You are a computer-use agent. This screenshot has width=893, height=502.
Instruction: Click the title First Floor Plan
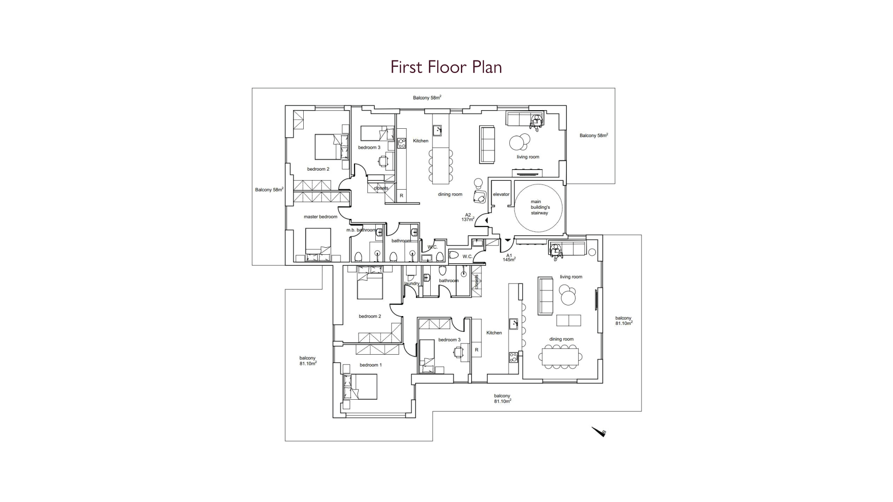pyautogui.click(x=446, y=67)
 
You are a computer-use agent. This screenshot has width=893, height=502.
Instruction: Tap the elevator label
pyautogui.click(x=501, y=194)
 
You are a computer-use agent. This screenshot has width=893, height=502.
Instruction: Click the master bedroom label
pyautogui.click(x=320, y=217)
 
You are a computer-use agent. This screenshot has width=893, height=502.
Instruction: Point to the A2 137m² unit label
pyautogui.click(x=468, y=217)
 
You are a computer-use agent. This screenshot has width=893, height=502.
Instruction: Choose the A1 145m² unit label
pyautogui.click(x=509, y=258)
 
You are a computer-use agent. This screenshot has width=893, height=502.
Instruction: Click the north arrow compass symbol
pyautogui.click(x=599, y=432)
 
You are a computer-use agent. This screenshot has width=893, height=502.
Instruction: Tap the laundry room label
pyautogui.click(x=412, y=284)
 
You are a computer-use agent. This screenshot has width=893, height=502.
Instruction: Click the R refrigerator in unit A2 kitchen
pyautogui.click(x=401, y=196)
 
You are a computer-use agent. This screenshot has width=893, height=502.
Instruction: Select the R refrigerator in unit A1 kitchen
pyautogui.click(x=476, y=350)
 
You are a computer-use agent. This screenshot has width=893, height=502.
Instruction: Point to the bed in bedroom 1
pyautogui.click(x=360, y=387)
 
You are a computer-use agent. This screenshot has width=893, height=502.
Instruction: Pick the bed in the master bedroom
pyautogui.click(x=318, y=244)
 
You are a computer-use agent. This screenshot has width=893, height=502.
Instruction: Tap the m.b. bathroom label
pyautogui.click(x=361, y=230)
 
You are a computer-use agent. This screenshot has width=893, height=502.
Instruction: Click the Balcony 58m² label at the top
pyautogui.click(x=427, y=98)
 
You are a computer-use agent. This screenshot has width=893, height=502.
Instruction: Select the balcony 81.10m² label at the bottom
pyautogui.click(x=502, y=398)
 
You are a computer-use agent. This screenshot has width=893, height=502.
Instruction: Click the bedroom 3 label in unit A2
pyautogui.click(x=369, y=147)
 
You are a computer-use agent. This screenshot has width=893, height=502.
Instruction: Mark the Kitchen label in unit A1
pyautogui.click(x=494, y=333)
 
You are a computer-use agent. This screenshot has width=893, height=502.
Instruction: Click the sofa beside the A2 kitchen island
pyautogui.click(x=487, y=144)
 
